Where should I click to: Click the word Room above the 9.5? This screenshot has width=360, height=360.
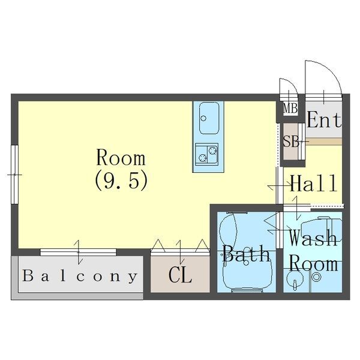coord(121,157)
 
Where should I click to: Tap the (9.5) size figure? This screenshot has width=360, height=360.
coord(121,181)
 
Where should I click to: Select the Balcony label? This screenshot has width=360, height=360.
coord(80,277)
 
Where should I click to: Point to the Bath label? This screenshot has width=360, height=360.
coord(246,254)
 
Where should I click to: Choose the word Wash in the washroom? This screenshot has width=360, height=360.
coord(313,238)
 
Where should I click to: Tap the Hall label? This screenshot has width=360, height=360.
coord(314,183)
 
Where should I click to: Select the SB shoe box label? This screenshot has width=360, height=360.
coord(291,142)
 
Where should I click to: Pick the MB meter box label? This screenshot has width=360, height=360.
coord(290,109)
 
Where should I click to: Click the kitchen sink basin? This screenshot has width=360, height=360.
coord(209,118)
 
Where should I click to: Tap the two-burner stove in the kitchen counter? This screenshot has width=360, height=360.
coord(206,154)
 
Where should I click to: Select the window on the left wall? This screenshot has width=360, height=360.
coord(14,175)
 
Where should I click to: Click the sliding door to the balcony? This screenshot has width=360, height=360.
coord(78,252)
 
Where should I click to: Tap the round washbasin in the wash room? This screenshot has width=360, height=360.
coord(294,279)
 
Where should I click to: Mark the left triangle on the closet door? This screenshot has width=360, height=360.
coord(158,245)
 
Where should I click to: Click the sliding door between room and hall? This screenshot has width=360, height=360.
coord(280,185)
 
